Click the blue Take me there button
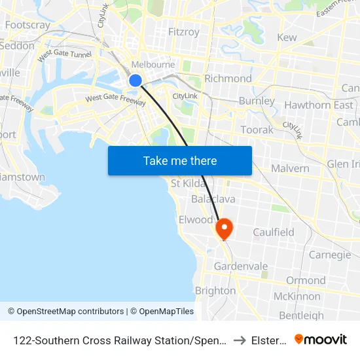pyautogui.click(x=180, y=161)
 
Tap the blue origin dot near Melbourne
pyautogui.click(x=135, y=81)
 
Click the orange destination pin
pyautogui.click(x=224, y=228)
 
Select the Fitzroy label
pyautogui.click(x=184, y=31)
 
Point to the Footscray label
pyautogui.click(x=27, y=26)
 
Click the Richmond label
pyautogui.click(x=228, y=79)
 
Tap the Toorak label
pyautogui.click(x=257, y=130)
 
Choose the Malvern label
pyautogui.click(x=290, y=168)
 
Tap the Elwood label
pyautogui.click(x=196, y=220)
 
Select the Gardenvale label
pyautogui.click(x=241, y=266)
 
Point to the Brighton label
pyautogui.click(x=215, y=291)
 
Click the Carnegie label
pyautogui.click(x=330, y=255)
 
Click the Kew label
pyautogui.click(x=287, y=37)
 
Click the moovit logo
pyautogui.click(x=320, y=339)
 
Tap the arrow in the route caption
pyautogui.click(x=239, y=340)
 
